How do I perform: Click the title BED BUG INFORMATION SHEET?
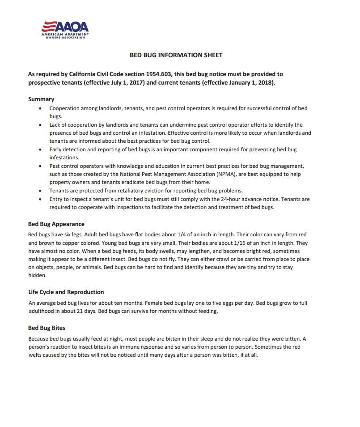click(176, 55)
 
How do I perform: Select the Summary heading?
click(41, 99)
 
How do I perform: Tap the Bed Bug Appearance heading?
click(56, 224)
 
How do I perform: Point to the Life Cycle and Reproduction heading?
click(66, 292)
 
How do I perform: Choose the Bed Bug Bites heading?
click(47, 328)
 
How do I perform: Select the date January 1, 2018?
click(248, 83)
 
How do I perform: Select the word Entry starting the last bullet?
click(56, 199)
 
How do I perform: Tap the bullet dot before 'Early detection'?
click(41, 149)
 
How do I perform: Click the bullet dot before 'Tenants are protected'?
click(41, 191)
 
